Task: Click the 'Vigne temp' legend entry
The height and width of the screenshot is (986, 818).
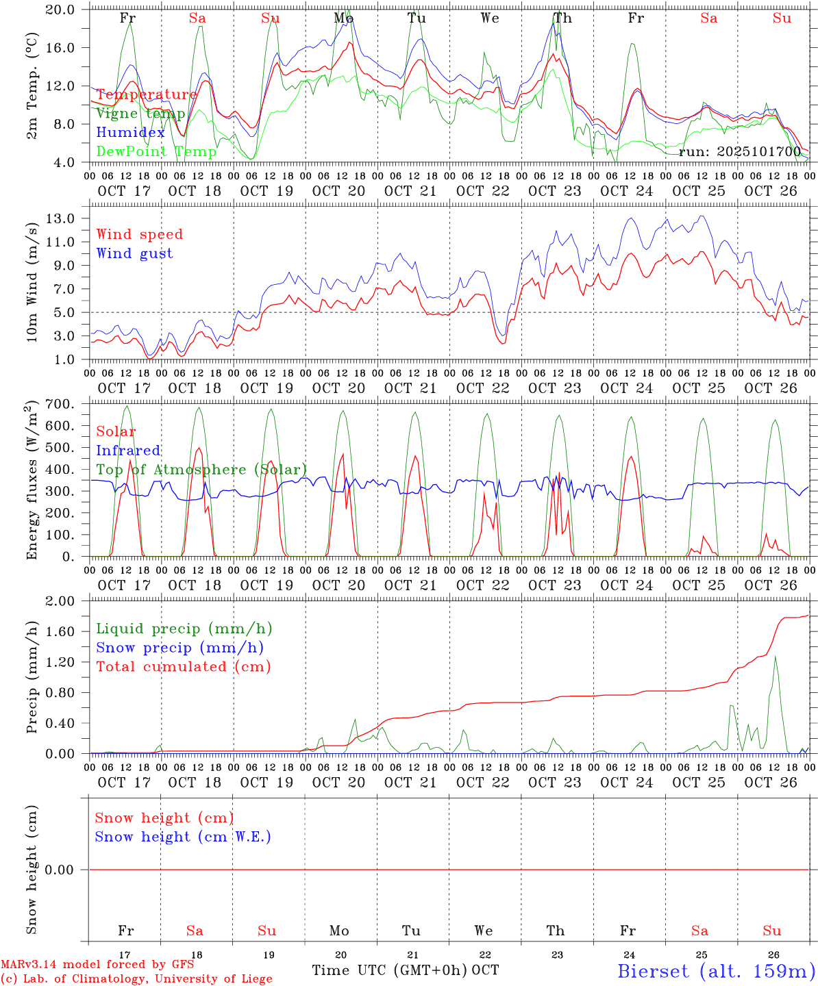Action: [x=140, y=114]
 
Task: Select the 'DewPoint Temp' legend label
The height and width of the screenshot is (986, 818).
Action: [x=156, y=151]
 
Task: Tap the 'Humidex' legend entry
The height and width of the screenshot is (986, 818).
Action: [x=130, y=133]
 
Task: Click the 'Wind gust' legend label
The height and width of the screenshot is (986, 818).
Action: [x=134, y=253]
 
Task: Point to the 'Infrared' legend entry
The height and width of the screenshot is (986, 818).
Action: [x=128, y=451]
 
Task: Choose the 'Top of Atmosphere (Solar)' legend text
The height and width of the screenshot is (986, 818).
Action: [x=201, y=470]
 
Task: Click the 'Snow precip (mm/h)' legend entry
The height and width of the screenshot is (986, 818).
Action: [x=179, y=648]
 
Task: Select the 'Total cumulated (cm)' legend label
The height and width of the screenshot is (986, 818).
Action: [x=183, y=666]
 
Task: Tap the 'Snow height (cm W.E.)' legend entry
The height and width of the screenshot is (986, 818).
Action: [x=183, y=837]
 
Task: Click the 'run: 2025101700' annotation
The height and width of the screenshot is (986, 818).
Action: [x=739, y=151]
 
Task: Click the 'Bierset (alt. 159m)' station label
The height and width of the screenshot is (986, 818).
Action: [x=716, y=971]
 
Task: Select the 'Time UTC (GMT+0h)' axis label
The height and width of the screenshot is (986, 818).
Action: [x=390, y=970]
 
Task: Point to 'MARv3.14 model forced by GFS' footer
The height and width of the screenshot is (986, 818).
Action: [x=97, y=964]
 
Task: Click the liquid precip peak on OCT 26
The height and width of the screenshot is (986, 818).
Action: [x=775, y=656]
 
